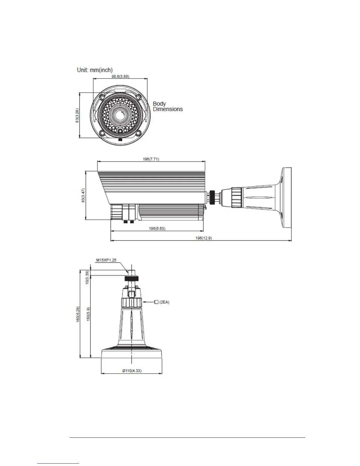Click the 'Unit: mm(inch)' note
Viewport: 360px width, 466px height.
click(x=95, y=70)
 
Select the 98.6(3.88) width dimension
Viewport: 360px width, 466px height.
click(x=120, y=76)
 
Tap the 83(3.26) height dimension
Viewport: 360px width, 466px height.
click(x=78, y=115)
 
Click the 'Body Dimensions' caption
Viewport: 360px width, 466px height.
click(x=168, y=106)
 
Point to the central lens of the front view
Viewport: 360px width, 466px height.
click(x=119, y=115)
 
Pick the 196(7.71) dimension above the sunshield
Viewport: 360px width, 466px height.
click(x=151, y=159)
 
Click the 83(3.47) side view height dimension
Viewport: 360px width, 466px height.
click(x=84, y=195)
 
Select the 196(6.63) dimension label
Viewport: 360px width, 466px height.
click(x=157, y=228)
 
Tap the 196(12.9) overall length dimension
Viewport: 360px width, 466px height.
click(x=204, y=238)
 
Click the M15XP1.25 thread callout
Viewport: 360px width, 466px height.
click(x=106, y=260)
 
